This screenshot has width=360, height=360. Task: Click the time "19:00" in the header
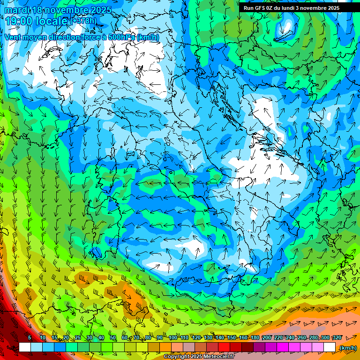coord(18,21)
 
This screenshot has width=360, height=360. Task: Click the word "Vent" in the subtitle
coord(13,37)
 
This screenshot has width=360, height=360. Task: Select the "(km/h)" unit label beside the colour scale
coord(347,348)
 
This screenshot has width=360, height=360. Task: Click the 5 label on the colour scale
coord(30,338)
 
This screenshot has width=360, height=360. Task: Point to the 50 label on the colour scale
coord(113,338)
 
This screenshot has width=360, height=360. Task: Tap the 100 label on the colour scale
coord(172,338)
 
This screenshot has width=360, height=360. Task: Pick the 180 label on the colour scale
coord(255,338)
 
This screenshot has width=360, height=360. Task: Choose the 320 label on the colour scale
coord(336,338)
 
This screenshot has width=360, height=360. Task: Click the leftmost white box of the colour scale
coord(25,347)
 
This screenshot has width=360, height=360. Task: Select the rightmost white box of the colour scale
coord(330,347)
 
